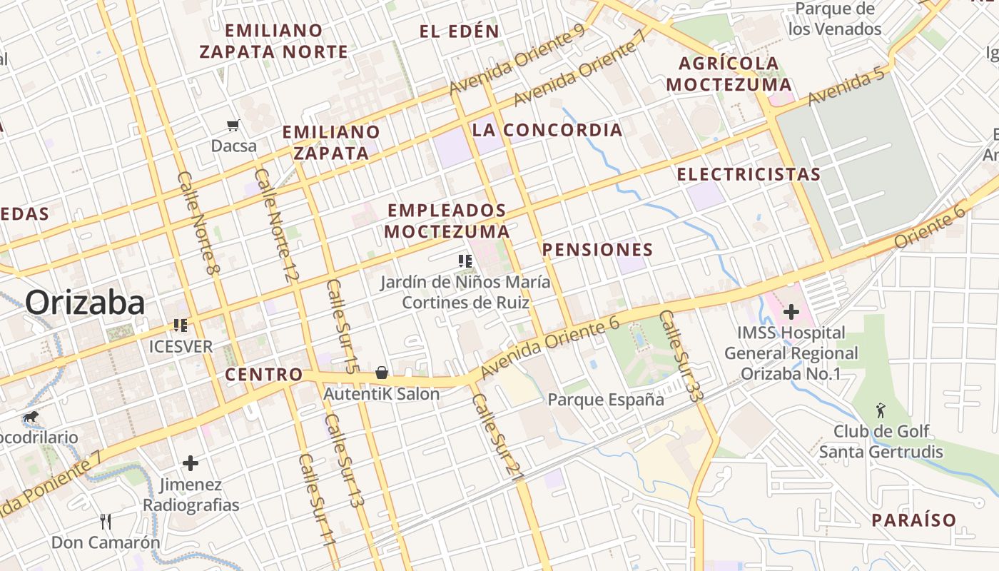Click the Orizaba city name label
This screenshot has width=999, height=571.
click(x=86, y=303)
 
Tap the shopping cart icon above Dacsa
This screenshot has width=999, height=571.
click(x=233, y=126)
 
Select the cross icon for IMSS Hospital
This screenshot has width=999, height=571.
click(x=791, y=312)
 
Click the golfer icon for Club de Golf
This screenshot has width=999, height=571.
click(x=881, y=410)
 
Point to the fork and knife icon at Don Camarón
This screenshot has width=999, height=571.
click(x=106, y=522)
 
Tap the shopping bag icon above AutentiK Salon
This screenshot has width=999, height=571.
click(x=382, y=373)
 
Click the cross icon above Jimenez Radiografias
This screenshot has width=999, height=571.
click(x=191, y=463)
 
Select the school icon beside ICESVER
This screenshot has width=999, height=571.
click(x=181, y=326)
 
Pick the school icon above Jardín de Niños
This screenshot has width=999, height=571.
click(x=465, y=261)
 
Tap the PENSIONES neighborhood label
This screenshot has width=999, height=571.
click(x=597, y=250)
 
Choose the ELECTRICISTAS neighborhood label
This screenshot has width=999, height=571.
click(x=749, y=175)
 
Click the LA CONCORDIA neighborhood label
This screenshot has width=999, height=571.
click(x=547, y=131)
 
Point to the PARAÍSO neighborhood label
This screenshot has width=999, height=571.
click(x=913, y=520)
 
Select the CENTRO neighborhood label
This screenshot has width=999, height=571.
click(x=264, y=375)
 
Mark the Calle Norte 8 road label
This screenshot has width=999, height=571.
click(x=198, y=223)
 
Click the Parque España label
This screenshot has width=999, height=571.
click(x=606, y=400)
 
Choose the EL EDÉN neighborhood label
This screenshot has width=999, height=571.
click(x=459, y=31)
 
